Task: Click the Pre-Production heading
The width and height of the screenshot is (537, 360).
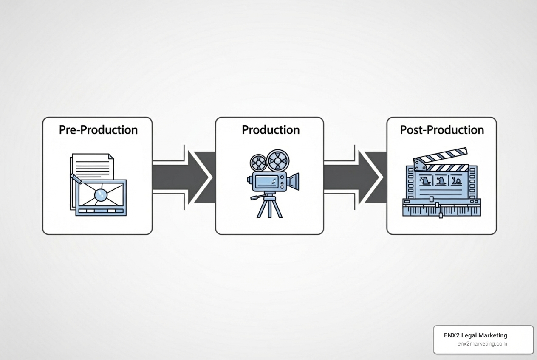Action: coord(98,130)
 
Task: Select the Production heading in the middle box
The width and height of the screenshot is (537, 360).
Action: coord(271,130)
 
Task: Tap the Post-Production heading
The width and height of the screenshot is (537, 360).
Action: coord(442,130)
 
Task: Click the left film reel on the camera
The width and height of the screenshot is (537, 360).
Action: coord(258,162)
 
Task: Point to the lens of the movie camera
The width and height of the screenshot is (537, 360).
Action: coord(293,181)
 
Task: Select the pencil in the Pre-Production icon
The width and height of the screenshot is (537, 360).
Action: coord(76,178)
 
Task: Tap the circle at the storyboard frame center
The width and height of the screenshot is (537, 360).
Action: coord(101,194)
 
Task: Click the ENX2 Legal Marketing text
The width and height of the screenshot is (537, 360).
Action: coord(475,335)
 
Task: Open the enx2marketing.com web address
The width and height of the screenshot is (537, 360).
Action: coord(482,344)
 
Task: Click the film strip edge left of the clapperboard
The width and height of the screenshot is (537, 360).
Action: coord(410,183)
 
